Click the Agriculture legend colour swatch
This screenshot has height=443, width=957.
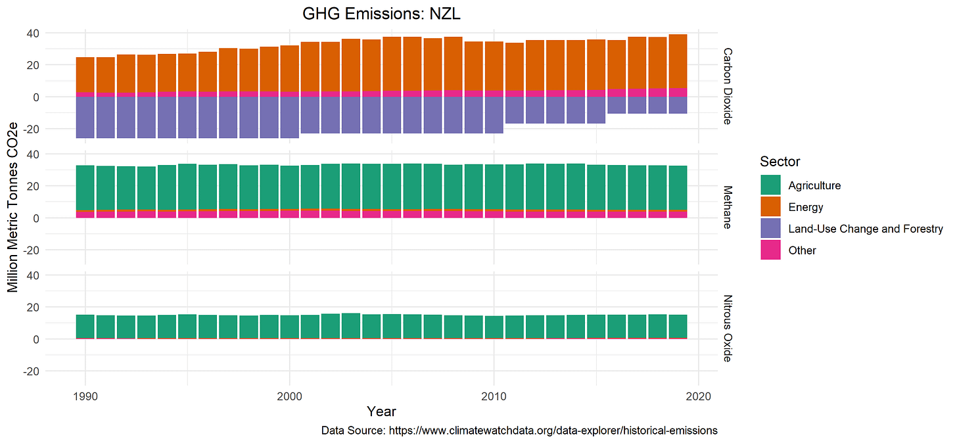(770, 185)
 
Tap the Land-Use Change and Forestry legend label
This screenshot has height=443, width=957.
(865, 229)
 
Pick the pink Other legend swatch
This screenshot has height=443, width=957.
(770, 250)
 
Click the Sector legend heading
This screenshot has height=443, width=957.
(780, 162)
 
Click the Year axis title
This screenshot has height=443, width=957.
(381, 412)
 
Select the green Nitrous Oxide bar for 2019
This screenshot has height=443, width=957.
(678, 325)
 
